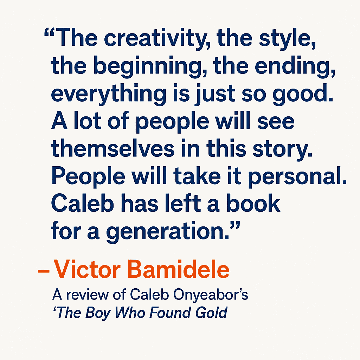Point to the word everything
(109, 94)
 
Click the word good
(303, 94)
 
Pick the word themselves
(113, 149)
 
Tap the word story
(282, 149)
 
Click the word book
(253, 203)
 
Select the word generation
(168, 231)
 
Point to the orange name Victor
(87, 269)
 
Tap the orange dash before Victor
(44, 271)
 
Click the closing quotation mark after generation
(235, 225)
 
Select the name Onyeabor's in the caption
(211, 294)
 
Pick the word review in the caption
(88, 294)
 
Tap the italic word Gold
(211, 313)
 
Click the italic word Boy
(98, 313)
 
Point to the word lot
(88, 121)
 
